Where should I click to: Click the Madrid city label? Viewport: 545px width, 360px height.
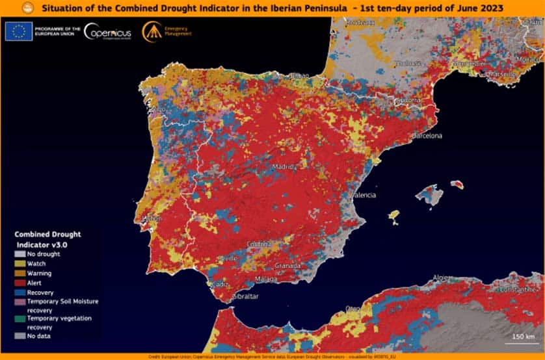pyautogui.click(x=284, y=166)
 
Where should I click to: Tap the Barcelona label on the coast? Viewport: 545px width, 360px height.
pyautogui.click(x=427, y=136)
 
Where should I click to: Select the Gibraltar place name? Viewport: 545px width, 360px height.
pyautogui.click(x=245, y=296)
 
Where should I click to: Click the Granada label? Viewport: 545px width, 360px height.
pyautogui.click(x=287, y=266)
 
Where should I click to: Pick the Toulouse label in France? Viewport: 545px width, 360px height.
pyautogui.click(x=410, y=64)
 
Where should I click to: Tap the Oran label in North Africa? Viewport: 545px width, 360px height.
pyautogui.click(x=352, y=307)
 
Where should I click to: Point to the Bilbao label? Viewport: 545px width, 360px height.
pyautogui.click(x=299, y=76)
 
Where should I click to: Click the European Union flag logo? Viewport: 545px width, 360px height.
pyautogui.click(x=19, y=32)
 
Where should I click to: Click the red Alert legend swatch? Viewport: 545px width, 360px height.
pyautogui.click(x=21, y=283)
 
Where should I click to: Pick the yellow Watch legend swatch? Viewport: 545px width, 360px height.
pyautogui.click(x=21, y=264)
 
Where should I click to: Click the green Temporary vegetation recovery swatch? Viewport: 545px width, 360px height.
pyautogui.click(x=21, y=318)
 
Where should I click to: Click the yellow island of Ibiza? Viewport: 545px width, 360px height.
pyautogui.click(x=393, y=214)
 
